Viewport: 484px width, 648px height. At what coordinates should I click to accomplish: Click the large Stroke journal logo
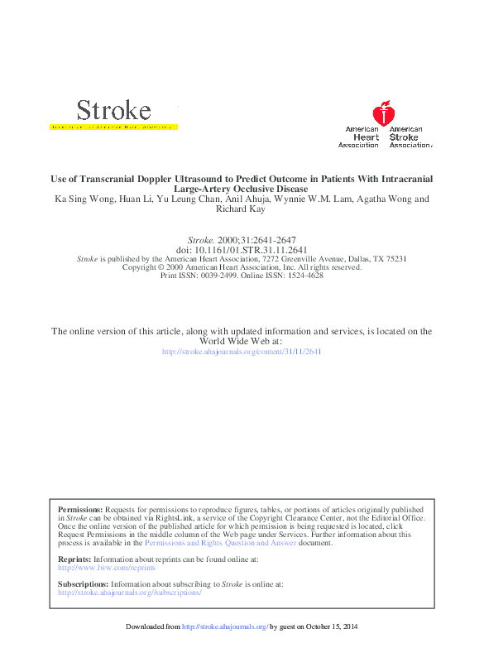pyautogui.click(x=113, y=110)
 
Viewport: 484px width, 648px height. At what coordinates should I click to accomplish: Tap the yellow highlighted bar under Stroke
pyautogui.click(x=114, y=128)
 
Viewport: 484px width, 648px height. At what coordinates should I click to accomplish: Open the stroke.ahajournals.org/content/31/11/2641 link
pyautogui.click(x=242, y=351)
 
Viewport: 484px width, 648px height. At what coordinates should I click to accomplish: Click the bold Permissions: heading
pyautogui.click(x=80, y=510)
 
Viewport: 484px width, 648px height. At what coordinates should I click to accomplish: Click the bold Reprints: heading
pyautogui.click(x=75, y=560)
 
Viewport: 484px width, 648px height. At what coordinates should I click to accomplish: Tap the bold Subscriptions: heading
pyautogui.click(x=83, y=584)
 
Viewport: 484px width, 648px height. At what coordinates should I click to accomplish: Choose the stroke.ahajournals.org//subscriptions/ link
pyautogui.click(x=129, y=593)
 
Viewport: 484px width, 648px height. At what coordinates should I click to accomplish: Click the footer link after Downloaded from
pyautogui.click(x=225, y=626)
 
